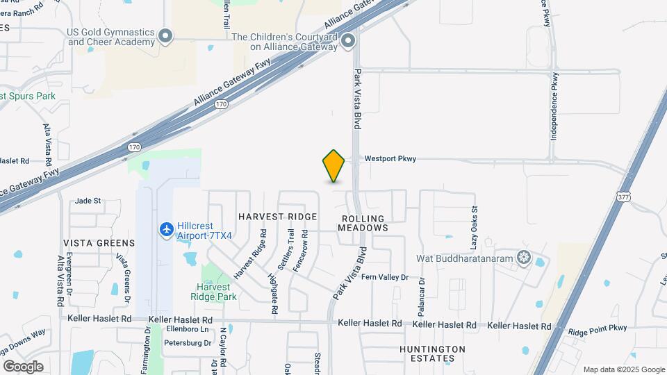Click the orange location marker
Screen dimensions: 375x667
(x=334, y=166)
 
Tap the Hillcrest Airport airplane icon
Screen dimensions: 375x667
(x=166, y=228)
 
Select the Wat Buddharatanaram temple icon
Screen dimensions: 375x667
(x=523, y=258)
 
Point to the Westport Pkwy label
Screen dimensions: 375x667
(x=390, y=159)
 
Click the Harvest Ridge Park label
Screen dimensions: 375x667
(x=217, y=292)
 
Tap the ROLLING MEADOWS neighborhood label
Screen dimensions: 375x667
(x=364, y=223)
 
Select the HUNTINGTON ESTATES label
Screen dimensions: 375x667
(x=432, y=353)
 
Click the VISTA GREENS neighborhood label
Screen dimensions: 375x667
(x=99, y=243)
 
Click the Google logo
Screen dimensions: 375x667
(x=23, y=366)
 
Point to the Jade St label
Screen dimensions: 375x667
(x=88, y=201)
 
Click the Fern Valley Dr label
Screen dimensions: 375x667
(x=384, y=277)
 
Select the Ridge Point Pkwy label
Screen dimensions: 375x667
(x=597, y=328)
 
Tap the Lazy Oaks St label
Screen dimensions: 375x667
(x=475, y=228)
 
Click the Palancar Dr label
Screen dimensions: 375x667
(x=421, y=297)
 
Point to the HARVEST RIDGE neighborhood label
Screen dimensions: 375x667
(x=277, y=217)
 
